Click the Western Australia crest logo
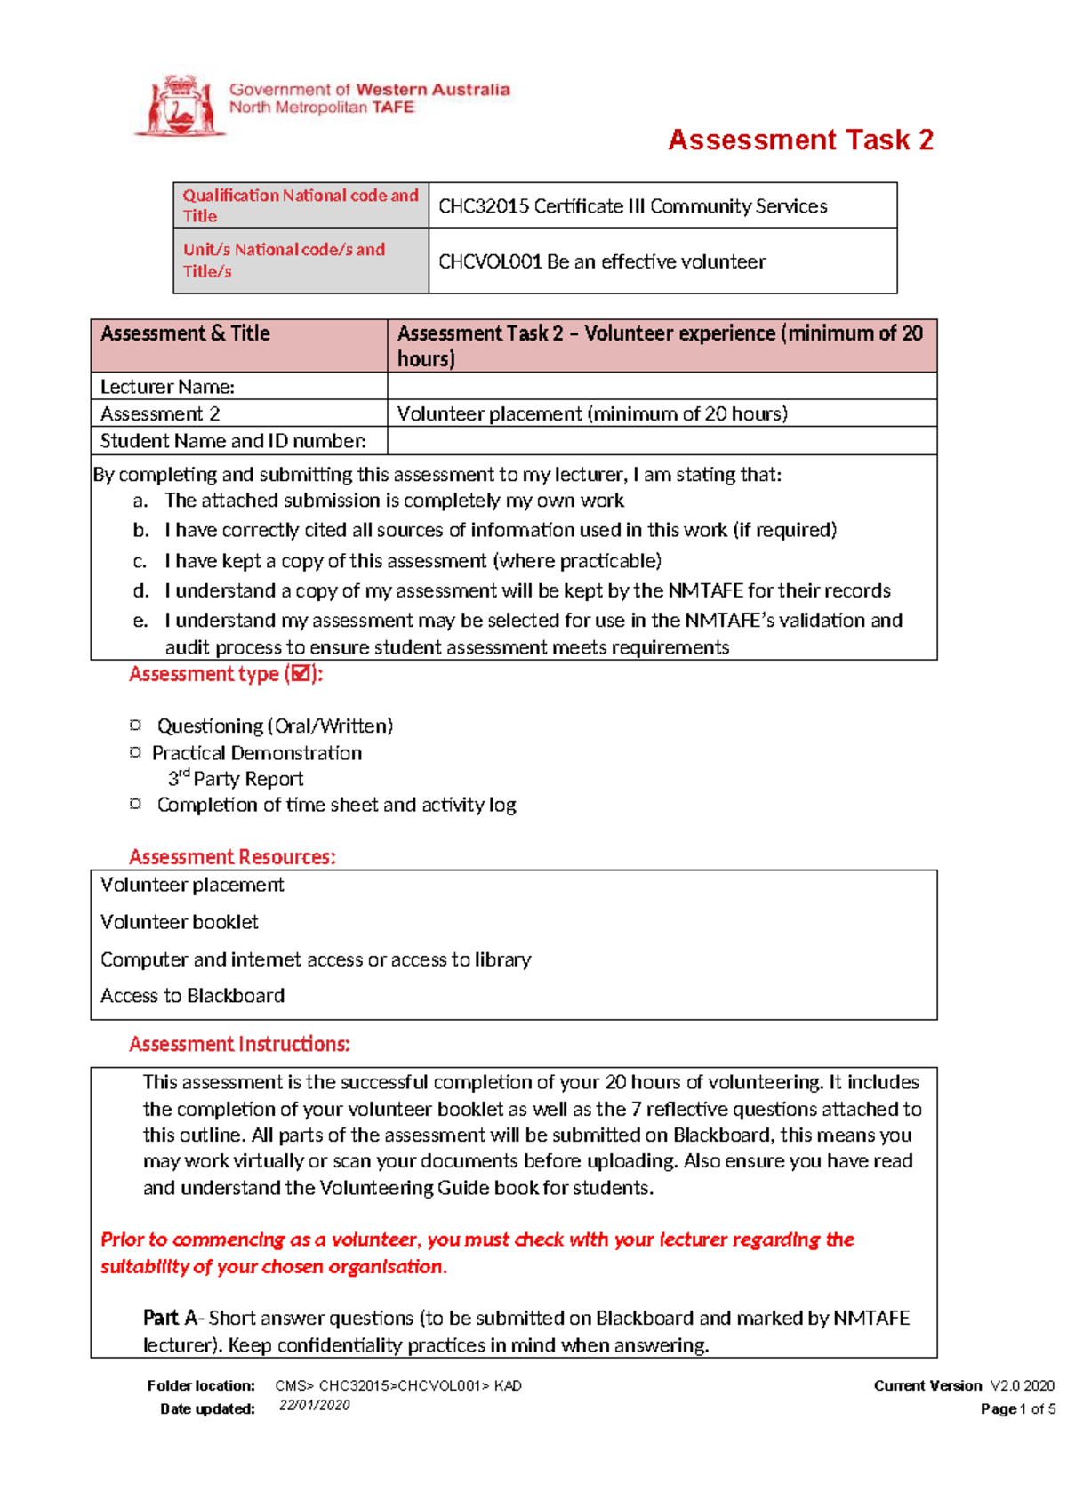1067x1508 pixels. coord(179,106)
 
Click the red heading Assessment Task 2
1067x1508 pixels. coord(800,140)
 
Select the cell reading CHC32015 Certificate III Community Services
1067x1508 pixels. coord(633,206)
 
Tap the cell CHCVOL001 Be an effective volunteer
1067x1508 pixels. coord(602,261)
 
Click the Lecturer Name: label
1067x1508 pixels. coord(167,387)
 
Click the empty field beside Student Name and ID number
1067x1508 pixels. coord(662,441)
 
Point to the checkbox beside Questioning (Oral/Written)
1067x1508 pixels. coord(135,725)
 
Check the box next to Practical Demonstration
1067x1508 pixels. coord(135,752)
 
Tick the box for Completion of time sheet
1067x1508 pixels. coord(135,804)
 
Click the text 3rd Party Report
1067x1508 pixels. coord(236,779)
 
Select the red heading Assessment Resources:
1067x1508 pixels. coord(232,857)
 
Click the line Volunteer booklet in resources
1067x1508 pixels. coord(180,922)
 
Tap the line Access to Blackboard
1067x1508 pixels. coord(192,996)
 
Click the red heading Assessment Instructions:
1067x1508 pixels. coord(239,1044)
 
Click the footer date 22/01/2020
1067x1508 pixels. coord(314,1406)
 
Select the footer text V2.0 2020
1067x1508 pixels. coord(1022,1385)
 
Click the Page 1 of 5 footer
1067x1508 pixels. coord(1018,1408)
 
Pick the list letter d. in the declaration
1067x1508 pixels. coord(140,590)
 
